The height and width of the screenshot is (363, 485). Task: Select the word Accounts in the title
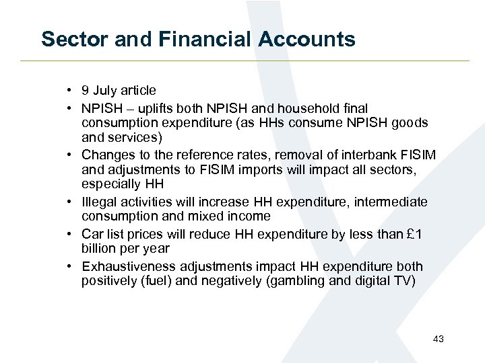(308, 39)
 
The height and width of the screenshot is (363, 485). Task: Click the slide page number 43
(438, 339)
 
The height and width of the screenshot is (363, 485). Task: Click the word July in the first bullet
(105, 91)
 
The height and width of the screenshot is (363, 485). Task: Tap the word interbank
(375, 155)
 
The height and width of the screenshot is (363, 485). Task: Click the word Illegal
(98, 202)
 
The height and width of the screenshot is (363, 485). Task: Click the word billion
(99, 248)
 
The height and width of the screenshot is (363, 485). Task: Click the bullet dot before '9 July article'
(70, 91)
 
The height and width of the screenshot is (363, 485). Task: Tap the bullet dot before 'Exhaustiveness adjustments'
(70, 266)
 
